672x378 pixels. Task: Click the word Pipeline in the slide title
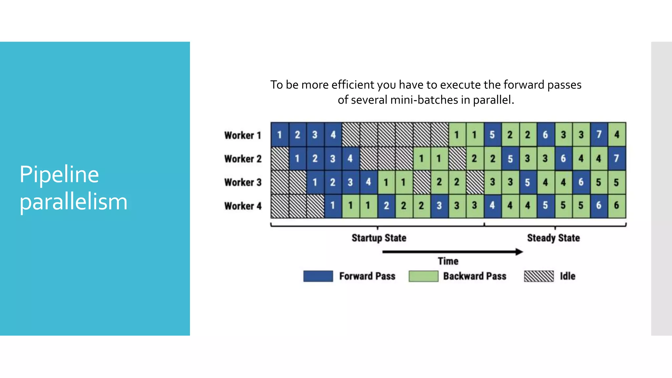pos(59,174)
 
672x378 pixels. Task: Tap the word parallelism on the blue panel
pos(73,202)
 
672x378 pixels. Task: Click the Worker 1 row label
pos(242,135)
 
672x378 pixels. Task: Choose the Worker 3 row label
pos(242,182)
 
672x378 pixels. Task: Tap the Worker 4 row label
pos(242,206)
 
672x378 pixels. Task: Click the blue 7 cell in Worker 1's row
pos(599,135)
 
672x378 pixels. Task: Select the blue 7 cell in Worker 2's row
pos(617,158)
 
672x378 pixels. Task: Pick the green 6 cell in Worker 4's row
pos(617,206)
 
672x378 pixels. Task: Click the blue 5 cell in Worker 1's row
pos(492,135)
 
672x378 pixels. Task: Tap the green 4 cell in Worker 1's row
pos(617,135)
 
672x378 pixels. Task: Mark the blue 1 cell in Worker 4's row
pos(333,206)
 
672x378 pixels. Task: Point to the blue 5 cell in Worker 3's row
pos(528,182)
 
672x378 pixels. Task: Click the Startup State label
pos(379,238)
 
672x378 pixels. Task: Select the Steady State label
pos(553,238)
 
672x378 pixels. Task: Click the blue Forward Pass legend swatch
pos(318,276)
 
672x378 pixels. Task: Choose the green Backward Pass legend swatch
pos(423,276)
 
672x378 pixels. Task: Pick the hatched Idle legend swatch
pos(539,276)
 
